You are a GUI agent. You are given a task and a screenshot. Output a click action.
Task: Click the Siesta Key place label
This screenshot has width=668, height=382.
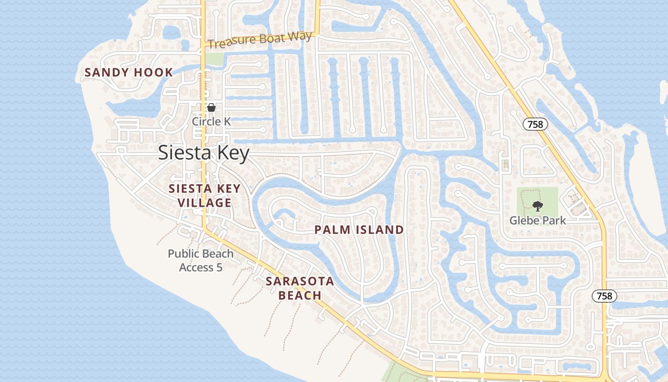pos(204,153)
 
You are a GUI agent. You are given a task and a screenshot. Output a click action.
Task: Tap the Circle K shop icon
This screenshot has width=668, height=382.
pos(211,108)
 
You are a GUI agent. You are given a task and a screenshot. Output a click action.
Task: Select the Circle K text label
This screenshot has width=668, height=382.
pos(211,122)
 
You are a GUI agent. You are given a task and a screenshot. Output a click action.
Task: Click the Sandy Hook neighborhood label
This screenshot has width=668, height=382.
pos(129,73)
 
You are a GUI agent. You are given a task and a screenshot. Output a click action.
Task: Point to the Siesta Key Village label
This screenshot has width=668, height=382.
pos(205,196)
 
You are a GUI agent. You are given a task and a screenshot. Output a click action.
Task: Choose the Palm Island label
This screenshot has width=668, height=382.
pos(359,230)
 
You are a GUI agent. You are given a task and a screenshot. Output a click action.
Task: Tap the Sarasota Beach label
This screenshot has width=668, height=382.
pos(300,288)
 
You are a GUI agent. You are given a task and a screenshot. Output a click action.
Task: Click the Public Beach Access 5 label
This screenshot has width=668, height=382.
pos(201,260)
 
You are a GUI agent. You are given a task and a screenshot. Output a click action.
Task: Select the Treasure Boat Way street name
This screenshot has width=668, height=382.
pos(261,40)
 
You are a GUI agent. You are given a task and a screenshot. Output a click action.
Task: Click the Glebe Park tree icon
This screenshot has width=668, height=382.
pos(538,206)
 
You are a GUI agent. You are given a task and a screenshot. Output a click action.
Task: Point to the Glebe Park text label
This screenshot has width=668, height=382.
pos(538,220)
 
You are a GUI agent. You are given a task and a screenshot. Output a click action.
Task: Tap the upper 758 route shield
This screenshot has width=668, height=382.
pos(535,125)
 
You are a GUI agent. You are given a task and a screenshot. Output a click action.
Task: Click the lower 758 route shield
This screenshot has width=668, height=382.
pos(605,296)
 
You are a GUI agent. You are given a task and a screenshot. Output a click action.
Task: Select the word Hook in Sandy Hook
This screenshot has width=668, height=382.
pos(153,73)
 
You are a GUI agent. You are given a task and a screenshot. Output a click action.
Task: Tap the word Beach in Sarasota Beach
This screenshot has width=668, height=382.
pos(300,296)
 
